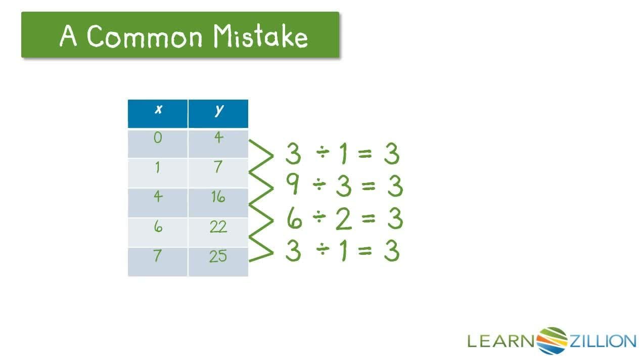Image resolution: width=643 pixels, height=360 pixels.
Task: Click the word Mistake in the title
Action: tap(260, 36)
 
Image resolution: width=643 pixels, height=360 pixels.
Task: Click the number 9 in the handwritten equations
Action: tap(293, 186)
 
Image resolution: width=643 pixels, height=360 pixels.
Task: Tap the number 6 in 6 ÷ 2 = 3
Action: tap(294, 219)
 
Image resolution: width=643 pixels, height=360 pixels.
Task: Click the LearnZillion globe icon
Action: tap(552, 340)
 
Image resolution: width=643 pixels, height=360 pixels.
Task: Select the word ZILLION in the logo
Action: tap(603, 341)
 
